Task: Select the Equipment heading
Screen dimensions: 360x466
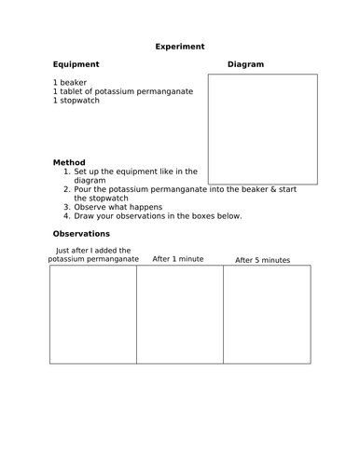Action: click(x=76, y=64)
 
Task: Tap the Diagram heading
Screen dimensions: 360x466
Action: click(x=246, y=64)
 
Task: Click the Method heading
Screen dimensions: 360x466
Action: click(x=69, y=162)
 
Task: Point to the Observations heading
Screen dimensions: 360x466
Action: click(x=82, y=233)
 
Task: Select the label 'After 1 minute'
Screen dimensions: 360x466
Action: click(x=180, y=258)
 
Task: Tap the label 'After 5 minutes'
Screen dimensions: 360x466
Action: click(x=263, y=260)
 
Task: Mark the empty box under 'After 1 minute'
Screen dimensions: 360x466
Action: click(x=180, y=313)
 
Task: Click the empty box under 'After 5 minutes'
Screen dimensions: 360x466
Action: click(x=267, y=313)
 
